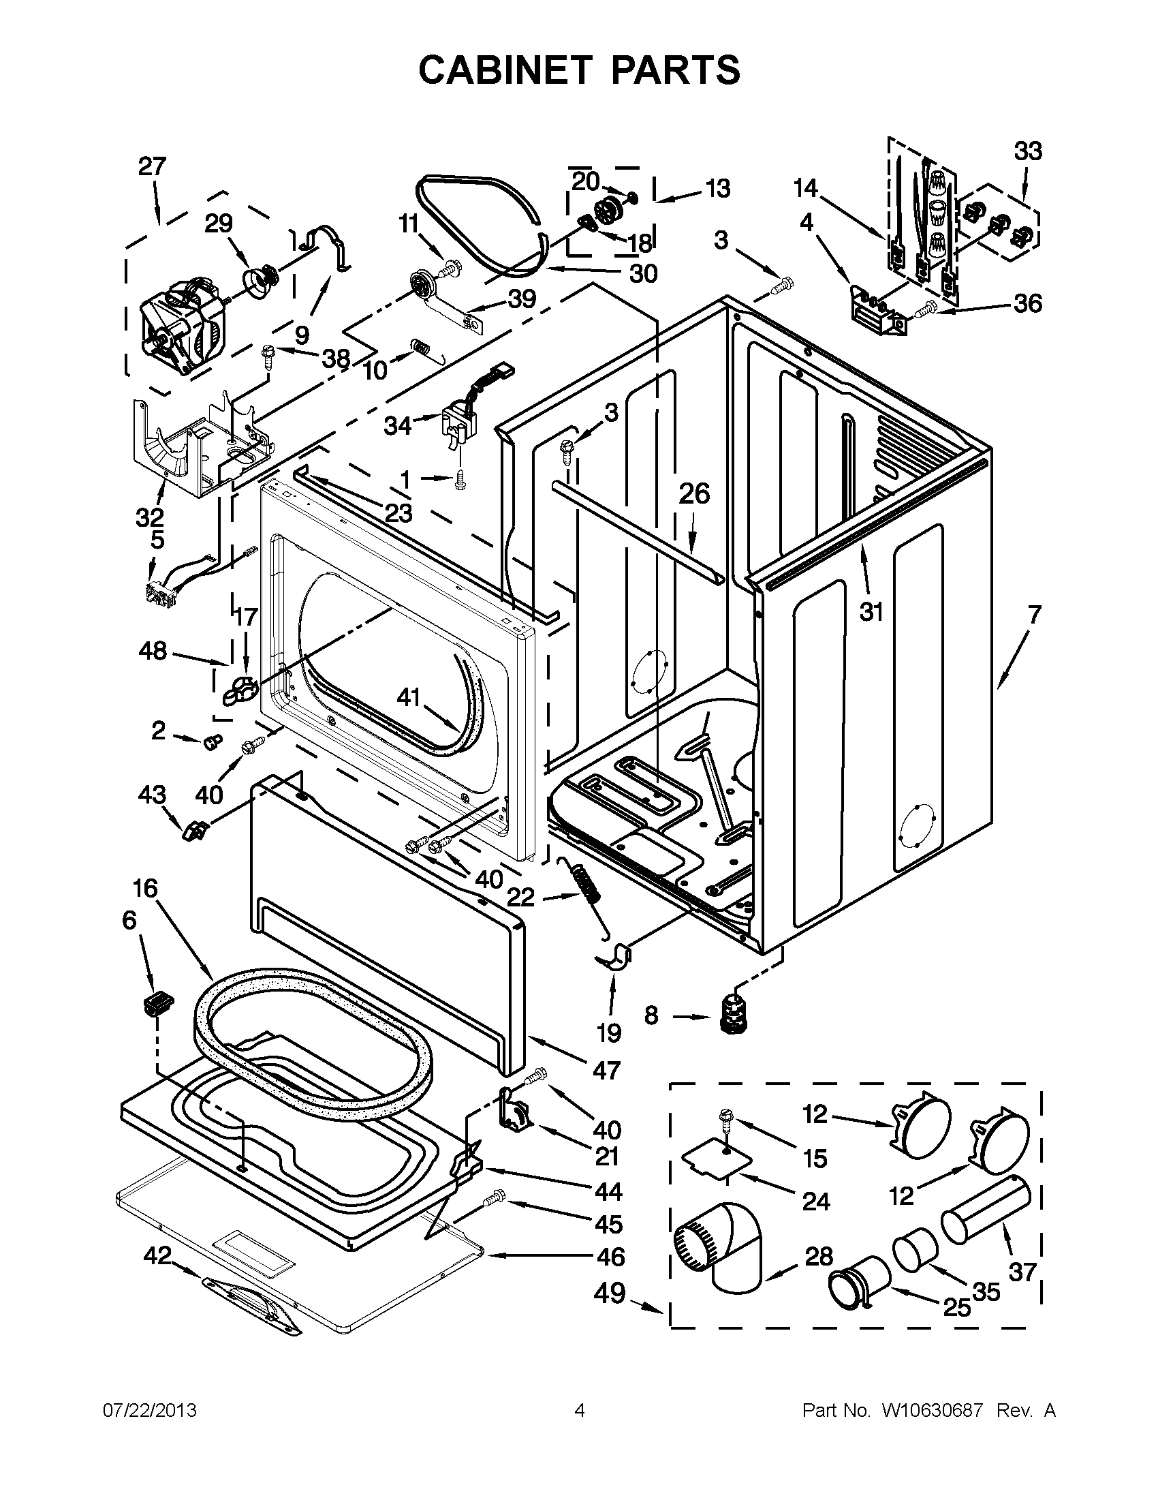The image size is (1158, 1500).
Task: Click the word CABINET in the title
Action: tap(505, 70)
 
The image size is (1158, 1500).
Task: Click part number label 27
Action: tap(152, 166)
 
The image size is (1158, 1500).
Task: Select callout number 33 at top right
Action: tap(1028, 151)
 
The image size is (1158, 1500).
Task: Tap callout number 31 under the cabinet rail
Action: tap(871, 611)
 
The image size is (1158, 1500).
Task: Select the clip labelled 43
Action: tap(194, 830)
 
